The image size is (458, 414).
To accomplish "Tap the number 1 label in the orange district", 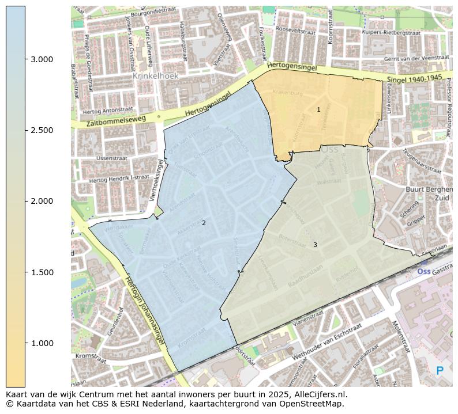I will coord(318,109).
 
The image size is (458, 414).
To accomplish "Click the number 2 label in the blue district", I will coord(204,223).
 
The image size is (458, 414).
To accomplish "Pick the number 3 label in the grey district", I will coord(315,245).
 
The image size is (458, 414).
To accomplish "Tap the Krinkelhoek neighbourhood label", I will coord(155,75).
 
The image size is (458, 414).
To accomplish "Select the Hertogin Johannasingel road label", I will coord(144,310).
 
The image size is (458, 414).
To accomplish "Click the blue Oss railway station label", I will coord(423,271).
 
